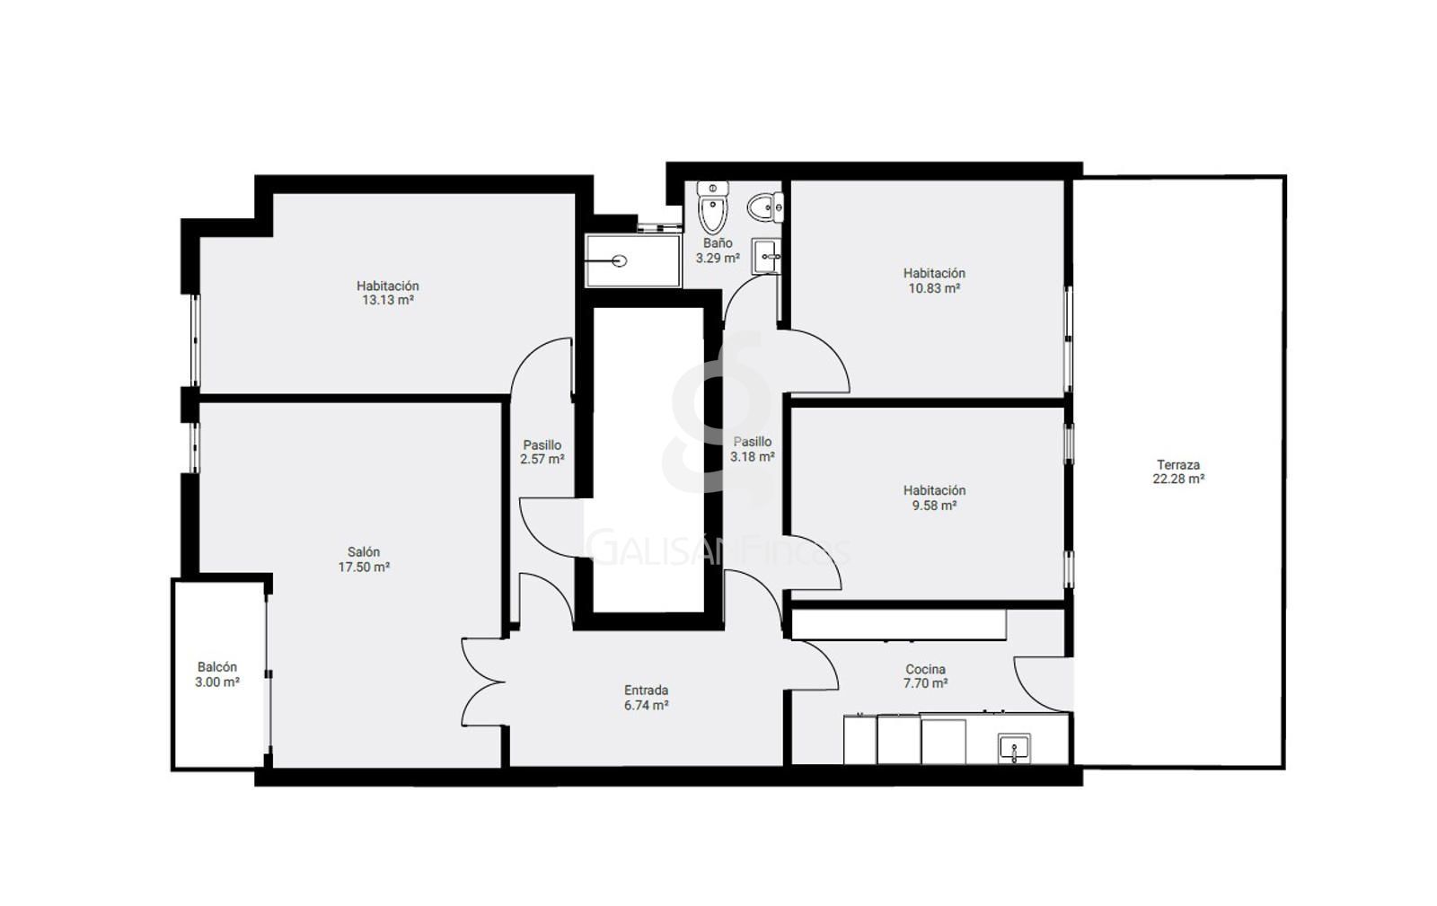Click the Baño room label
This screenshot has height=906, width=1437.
click(718, 243)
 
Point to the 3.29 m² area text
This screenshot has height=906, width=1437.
click(718, 258)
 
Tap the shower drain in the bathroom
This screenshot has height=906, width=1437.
click(619, 261)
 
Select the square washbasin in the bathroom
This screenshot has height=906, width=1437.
click(767, 257)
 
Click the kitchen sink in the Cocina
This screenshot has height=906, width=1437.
click(1014, 748)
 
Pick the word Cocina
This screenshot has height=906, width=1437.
click(925, 669)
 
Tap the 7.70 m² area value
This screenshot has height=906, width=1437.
click(925, 683)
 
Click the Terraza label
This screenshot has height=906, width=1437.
click(1177, 464)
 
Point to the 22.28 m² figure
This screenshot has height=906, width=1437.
click(1177, 479)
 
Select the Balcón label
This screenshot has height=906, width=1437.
click(216, 667)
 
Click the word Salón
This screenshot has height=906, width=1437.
click(364, 551)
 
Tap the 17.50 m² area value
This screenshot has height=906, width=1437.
click(364, 567)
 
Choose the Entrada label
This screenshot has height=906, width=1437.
click(646, 690)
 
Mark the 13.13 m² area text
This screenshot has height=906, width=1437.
click(387, 300)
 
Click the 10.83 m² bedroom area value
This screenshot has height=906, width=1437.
click(934, 288)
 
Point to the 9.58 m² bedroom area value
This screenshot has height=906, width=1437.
click(934, 506)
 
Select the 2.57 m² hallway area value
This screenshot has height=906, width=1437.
click(542, 459)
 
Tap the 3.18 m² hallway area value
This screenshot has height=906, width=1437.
click(752, 456)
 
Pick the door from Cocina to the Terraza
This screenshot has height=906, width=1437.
click(1043, 684)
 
